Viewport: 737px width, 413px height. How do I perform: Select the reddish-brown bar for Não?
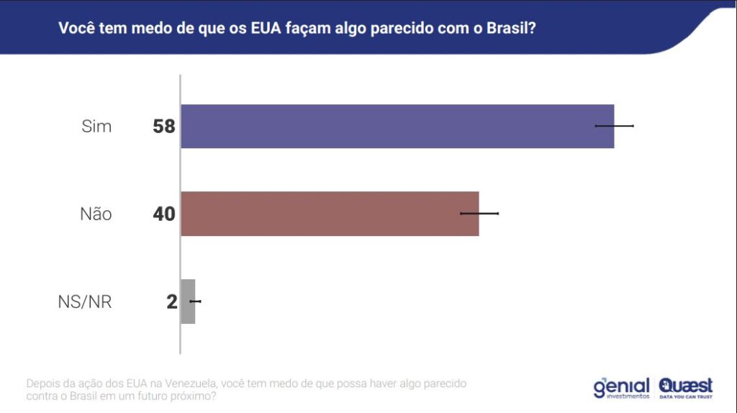tap(330, 214)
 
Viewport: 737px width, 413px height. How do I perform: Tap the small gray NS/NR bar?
tap(188, 301)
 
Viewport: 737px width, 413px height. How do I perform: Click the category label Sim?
tap(96, 127)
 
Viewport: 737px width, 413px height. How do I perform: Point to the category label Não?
tap(96, 214)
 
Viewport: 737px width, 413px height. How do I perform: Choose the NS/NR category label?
tap(84, 301)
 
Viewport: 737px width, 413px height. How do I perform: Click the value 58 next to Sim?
tap(164, 127)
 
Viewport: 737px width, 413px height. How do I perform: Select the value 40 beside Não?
tap(164, 214)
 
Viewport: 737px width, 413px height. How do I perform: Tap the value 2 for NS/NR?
tap(171, 301)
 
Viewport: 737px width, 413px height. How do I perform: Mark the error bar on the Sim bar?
tap(614, 126)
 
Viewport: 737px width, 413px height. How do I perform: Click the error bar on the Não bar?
tap(479, 213)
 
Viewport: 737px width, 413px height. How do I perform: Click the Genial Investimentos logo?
tap(621, 387)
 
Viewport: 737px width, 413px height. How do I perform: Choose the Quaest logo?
tap(685, 387)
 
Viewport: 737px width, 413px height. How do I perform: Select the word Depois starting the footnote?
tap(43, 383)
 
